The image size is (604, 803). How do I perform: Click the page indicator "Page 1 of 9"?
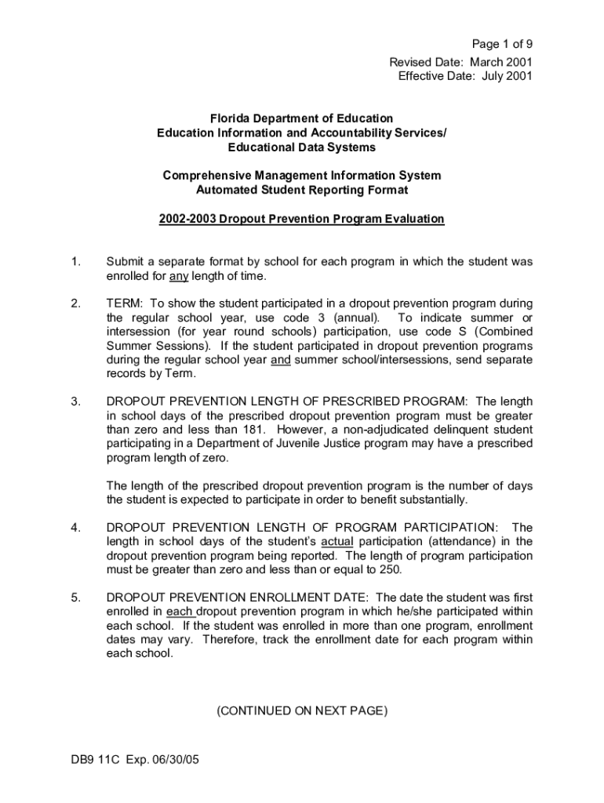501,44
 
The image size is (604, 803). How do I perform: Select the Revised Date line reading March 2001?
461,61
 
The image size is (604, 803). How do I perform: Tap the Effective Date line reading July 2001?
465,76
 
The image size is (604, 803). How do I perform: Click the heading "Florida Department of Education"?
301,118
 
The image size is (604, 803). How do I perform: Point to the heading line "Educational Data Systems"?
301,147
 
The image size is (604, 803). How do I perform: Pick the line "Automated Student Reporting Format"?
301,190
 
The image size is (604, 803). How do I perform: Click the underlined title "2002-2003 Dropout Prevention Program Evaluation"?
301,219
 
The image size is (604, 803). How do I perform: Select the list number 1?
75,261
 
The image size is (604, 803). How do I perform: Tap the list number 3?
75,401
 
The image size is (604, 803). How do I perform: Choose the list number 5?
75,598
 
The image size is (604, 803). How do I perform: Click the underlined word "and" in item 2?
280,360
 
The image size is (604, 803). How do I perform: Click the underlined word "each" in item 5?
179,612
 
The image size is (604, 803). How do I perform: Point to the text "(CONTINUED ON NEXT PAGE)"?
301,711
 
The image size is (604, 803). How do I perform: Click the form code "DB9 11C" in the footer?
93,761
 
